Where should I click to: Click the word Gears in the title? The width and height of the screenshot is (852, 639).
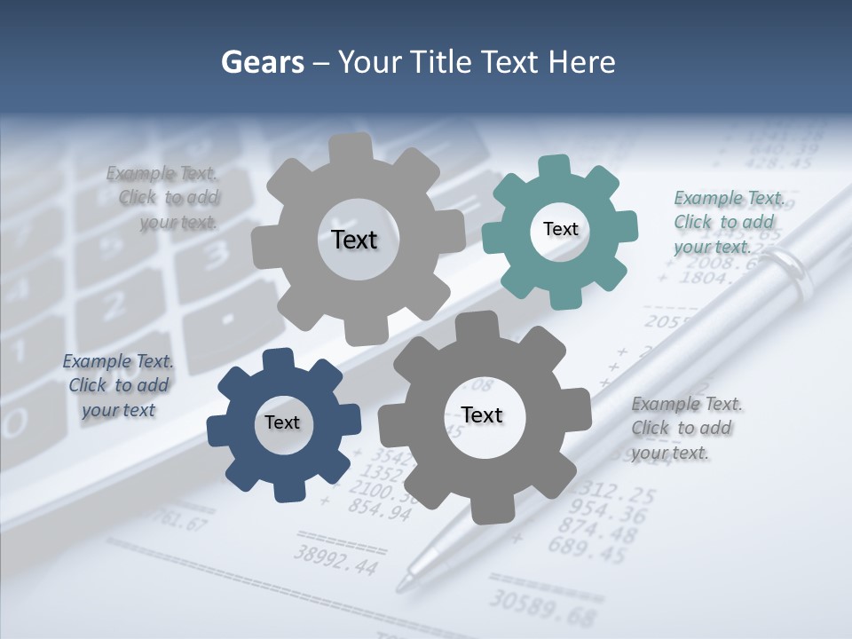point(262,62)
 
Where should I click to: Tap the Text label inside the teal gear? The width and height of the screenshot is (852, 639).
point(560,229)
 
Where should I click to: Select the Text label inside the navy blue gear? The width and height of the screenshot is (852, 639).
point(282,422)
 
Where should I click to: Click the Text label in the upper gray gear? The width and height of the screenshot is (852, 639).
point(354,240)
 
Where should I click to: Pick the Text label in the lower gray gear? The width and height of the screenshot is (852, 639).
point(482,414)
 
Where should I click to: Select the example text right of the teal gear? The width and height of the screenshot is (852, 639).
point(728,222)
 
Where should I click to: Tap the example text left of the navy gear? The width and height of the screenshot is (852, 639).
point(117,385)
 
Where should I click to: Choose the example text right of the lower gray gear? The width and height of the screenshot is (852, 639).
point(685,428)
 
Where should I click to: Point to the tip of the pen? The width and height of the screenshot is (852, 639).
point(401,586)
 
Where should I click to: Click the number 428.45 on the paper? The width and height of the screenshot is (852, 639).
point(779,162)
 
